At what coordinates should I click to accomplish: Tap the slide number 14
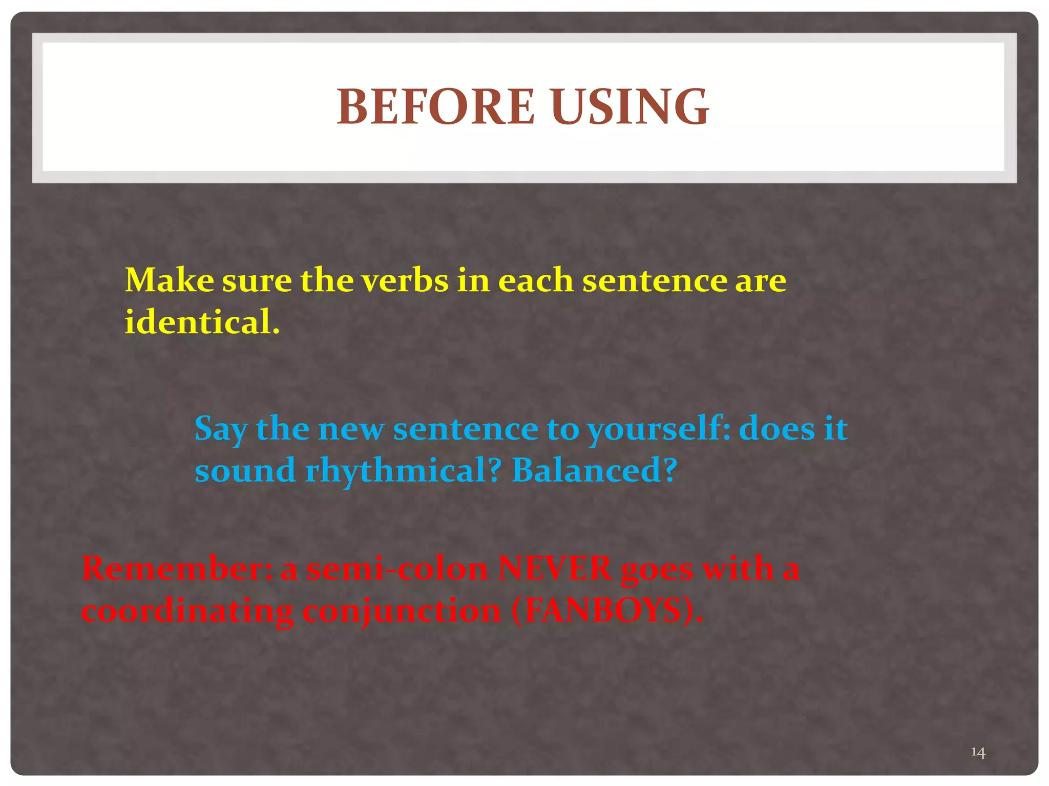(978, 752)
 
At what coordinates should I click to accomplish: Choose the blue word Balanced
(594, 471)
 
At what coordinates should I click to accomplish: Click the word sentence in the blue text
(465, 429)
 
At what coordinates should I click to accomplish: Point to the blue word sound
(245, 471)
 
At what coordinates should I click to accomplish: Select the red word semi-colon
(397, 569)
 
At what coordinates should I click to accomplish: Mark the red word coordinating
(187, 611)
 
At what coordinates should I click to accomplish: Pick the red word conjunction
(402, 612)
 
